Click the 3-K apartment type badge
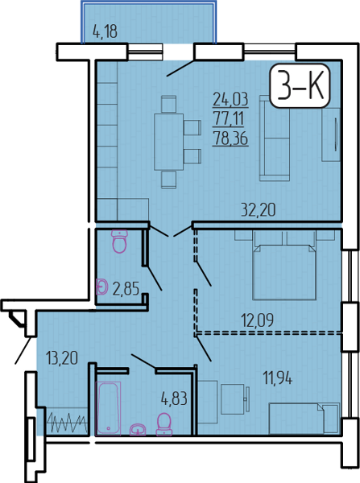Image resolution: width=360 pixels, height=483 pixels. tap(300, 85)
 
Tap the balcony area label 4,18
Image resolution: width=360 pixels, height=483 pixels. tap(105, 31)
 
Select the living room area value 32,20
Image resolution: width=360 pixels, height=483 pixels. tap(258, 210)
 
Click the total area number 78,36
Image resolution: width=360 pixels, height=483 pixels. tap(230, 139)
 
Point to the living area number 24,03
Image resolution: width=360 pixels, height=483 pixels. tap(230, 99)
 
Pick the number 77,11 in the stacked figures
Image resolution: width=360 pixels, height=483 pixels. tap(229, 119)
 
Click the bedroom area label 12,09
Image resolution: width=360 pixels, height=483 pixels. tap(258, 320)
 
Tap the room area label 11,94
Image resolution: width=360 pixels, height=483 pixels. tap(277, 378)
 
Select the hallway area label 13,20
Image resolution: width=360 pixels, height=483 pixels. tap(62, 358)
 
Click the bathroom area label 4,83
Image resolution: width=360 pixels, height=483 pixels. tap(174, 399)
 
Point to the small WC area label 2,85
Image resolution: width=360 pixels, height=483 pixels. tap(126, 289)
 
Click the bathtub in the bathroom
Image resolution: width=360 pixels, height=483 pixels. tap(108, 408)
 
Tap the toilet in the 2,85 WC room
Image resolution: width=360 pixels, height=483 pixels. tap(119, 242)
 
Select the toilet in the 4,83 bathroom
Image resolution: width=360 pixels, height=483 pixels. tap(164, 424)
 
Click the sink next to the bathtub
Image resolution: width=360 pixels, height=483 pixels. tap(138, 429)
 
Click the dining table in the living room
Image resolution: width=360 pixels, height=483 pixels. tap(169, 142)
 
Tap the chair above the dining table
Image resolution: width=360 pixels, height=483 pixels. tap(169, 104)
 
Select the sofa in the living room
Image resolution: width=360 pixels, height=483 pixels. tap(275, 138)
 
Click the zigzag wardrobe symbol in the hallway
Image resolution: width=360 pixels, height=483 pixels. tap(67, 423)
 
